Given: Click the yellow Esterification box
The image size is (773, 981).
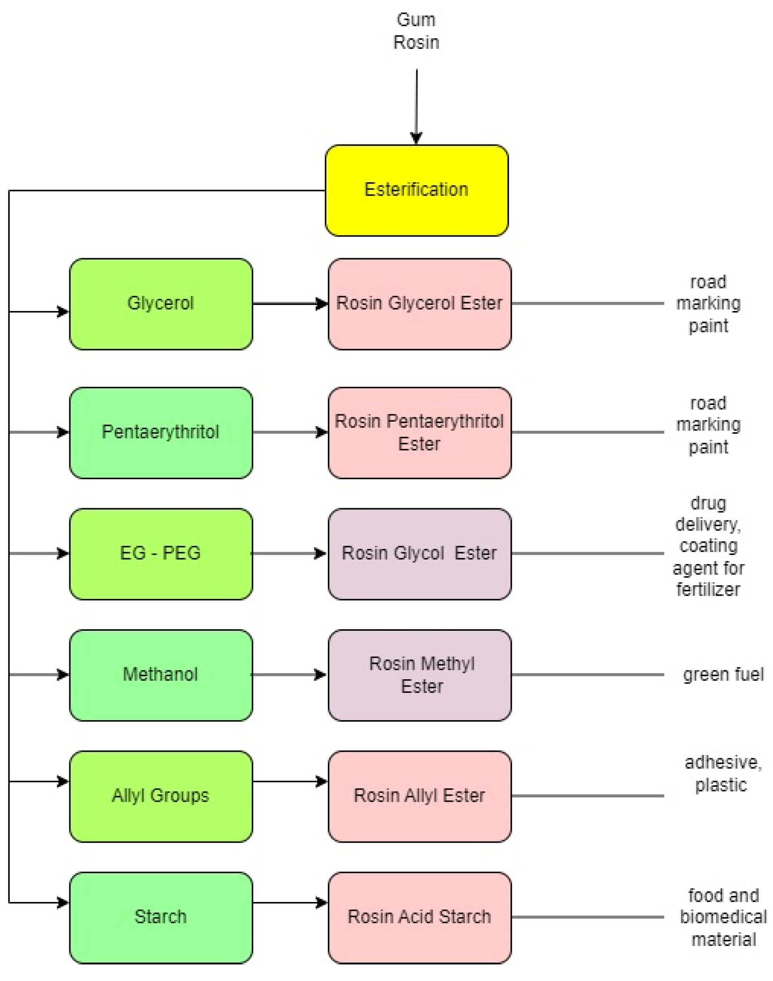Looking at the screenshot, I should click(x=417, y=190).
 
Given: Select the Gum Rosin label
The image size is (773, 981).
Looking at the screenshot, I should click(x=416, y=31).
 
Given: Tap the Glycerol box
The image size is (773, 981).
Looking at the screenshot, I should click(x=161, y=304).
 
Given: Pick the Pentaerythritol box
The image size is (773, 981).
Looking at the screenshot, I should click(x=161, y=432).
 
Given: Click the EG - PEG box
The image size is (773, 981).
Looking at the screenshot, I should click(x=161, y=553).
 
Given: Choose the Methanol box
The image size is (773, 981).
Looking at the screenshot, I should click(x=161, y=675).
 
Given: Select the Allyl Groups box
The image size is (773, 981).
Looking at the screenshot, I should click(x=161, y=796).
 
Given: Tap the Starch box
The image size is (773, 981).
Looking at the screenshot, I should click(x=161, y=917).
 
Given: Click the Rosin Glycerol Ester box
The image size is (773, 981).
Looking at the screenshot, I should click(x=420, y=304).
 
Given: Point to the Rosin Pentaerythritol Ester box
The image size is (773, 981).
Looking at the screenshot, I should click(x=420, y=432).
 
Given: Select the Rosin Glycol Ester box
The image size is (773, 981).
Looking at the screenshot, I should click(x=420, y=553).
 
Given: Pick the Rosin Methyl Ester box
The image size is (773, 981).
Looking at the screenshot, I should click(x=420, y=675).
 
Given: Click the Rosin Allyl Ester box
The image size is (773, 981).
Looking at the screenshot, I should click(x=420, y=796).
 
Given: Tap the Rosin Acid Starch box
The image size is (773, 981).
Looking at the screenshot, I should click(x=420, y=917).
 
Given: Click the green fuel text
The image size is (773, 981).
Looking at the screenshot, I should click(x=723, y=675).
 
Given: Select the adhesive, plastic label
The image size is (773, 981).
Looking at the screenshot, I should click(x=722, y=774).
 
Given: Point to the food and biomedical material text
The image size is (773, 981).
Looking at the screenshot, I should click(x=723, y=917).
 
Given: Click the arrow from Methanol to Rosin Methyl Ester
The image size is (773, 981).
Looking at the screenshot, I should click(x=290, y=675).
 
